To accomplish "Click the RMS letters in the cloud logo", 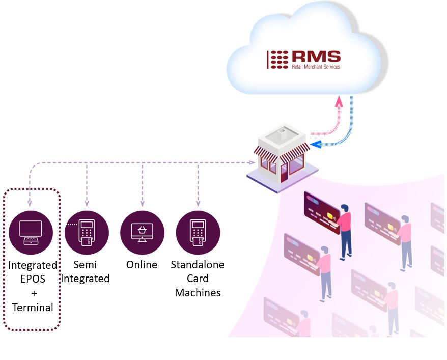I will pos(316,57).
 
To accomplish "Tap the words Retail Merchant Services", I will pos(316,67).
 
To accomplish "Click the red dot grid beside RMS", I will pos(279,60).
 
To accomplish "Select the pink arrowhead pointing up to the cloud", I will pos(338,102).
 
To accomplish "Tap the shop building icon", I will pos(282,158).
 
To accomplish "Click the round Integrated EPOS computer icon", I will pos(31,233).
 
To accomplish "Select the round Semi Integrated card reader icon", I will pos(87,233).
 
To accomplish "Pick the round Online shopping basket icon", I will pos(142,233).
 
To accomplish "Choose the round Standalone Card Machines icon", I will pos(198,233).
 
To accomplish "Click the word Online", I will pos(142,265).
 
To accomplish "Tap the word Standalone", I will pos(198,265).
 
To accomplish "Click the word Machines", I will pos(198,293).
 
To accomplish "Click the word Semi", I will pos(85,265).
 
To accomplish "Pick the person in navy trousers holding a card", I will pos(346,230).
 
